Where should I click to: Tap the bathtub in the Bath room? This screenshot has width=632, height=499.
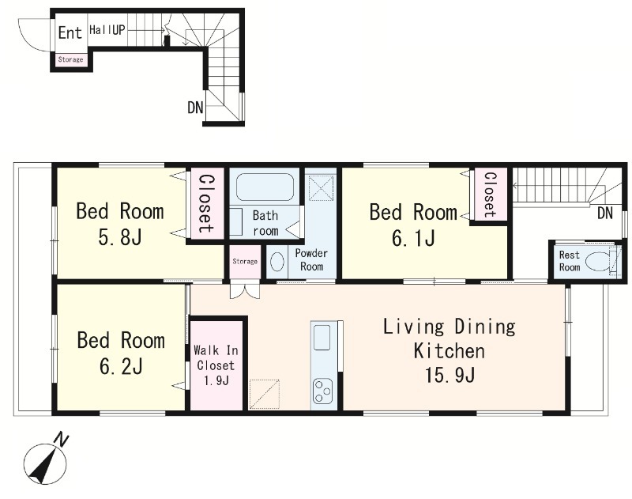(x=265, y=187)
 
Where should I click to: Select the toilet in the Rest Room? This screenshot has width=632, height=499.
(x=599, y=262)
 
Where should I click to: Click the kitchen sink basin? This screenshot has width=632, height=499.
(x=322, y=337)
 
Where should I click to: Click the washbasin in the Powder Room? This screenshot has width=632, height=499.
(x=276, y=262)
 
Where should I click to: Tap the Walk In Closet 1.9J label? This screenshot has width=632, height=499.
(x=215, y=365)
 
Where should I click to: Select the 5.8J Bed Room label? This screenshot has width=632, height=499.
(x=120, y=225)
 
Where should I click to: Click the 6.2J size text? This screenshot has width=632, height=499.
(x=121, y=367)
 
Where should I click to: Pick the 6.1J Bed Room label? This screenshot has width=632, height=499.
(x=413, y=225)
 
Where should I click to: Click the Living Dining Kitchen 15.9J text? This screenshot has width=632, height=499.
(x=449, y=350)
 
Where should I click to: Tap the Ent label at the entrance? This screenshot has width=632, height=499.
(x=70, y=32)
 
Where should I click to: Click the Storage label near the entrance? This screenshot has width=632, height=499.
(x=70, y=59)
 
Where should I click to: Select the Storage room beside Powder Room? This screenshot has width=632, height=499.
(x=245, y=262)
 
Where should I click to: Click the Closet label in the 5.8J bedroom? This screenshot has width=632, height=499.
(x=205, y=203)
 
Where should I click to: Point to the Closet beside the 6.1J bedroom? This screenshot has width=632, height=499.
(x=490, y=194)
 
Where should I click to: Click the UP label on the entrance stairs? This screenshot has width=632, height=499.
(x=118, y=30)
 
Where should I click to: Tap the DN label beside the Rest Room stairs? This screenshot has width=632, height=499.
(x=604, y=213)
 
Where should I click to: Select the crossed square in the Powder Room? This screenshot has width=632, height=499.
(x=322, y=187)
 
